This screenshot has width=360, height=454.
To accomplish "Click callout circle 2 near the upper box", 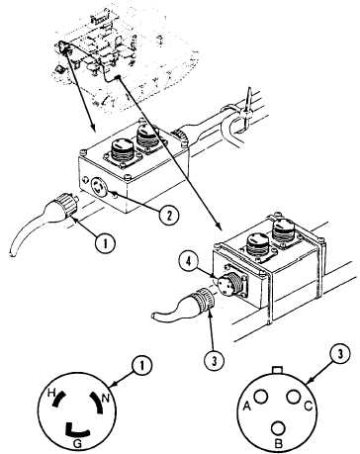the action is (x=168, y=216).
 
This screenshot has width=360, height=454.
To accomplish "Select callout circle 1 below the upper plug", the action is (x=105, y=243).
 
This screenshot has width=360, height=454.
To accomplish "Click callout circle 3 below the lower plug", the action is (x=214, y=360).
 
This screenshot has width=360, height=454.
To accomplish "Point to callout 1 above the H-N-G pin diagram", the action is (x=141, y=367).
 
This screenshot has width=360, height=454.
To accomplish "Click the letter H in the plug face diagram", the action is (x=51, y=393).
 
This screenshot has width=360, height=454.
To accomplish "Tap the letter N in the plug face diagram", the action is (x=106, y=399).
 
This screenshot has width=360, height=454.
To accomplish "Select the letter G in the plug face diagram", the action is (x=77, y=444).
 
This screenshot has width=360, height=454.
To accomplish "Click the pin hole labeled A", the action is (x=261, y=397).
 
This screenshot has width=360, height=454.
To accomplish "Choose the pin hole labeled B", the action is (x=278, y=428).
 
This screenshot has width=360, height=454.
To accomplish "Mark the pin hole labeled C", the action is (x=294, y=397).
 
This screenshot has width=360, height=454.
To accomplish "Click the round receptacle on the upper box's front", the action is (x=99, y=187).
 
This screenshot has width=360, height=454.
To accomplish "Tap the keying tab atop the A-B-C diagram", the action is (x=277, y=370).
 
